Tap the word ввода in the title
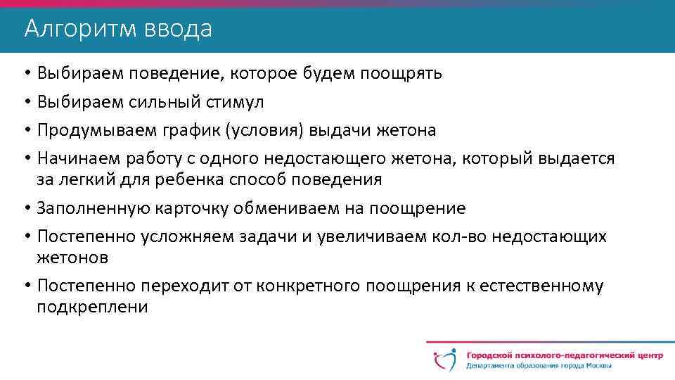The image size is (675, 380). coord(179,29)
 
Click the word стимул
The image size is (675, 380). coord(236,102)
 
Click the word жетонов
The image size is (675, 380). coord(72,258)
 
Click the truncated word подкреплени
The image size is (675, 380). coord(92,308)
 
